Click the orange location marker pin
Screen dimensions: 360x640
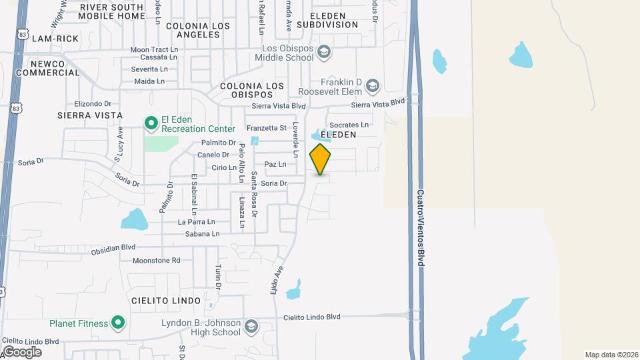point(320,159)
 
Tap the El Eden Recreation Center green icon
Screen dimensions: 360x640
point(151,123)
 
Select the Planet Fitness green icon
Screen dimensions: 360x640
point(118,323)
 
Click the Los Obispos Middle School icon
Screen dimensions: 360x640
point(323,51)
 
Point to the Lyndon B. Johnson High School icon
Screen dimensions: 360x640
point(251,326)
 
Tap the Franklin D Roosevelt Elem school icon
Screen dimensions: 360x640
point(372,85)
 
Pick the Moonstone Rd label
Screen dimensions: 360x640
point(157,261)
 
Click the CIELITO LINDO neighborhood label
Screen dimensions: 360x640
point(166,301)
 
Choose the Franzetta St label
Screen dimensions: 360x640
point(266,128)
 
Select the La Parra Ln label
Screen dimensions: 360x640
point(197,222)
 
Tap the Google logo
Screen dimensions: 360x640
point(22,351)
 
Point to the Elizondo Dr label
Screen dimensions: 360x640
point(93,103)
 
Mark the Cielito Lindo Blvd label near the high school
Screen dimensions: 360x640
point(312,317)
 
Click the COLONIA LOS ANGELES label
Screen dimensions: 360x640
point(198,31)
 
